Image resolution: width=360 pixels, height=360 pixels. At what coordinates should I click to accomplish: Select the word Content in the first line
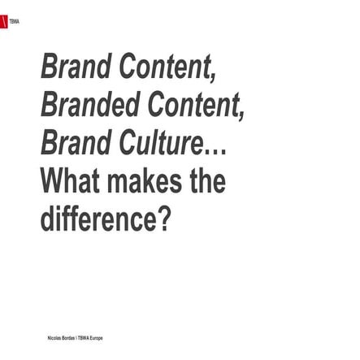(x=167, y=67)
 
